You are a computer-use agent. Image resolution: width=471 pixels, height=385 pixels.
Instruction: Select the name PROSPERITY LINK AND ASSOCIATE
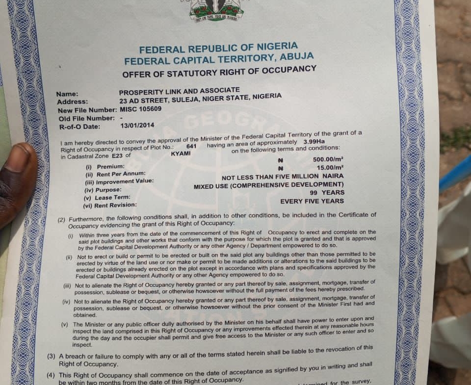click(x=179, y=91)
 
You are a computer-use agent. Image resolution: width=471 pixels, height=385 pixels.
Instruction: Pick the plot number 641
click(x=191, y=146)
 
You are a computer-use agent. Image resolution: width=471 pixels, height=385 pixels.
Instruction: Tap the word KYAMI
click(x=181, y=154)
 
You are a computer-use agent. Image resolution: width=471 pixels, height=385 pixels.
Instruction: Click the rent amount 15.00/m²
click(x=330, y=168)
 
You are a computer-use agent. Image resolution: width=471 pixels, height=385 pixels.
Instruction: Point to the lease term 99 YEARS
click(x=330, y=193)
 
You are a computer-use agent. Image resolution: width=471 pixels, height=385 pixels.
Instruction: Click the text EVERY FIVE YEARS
click(x=312, y=201)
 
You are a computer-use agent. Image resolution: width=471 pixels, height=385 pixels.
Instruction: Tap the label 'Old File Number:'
click(x=86, y=119)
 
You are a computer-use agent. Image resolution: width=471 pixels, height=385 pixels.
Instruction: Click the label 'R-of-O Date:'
click(x=80, y=127)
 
